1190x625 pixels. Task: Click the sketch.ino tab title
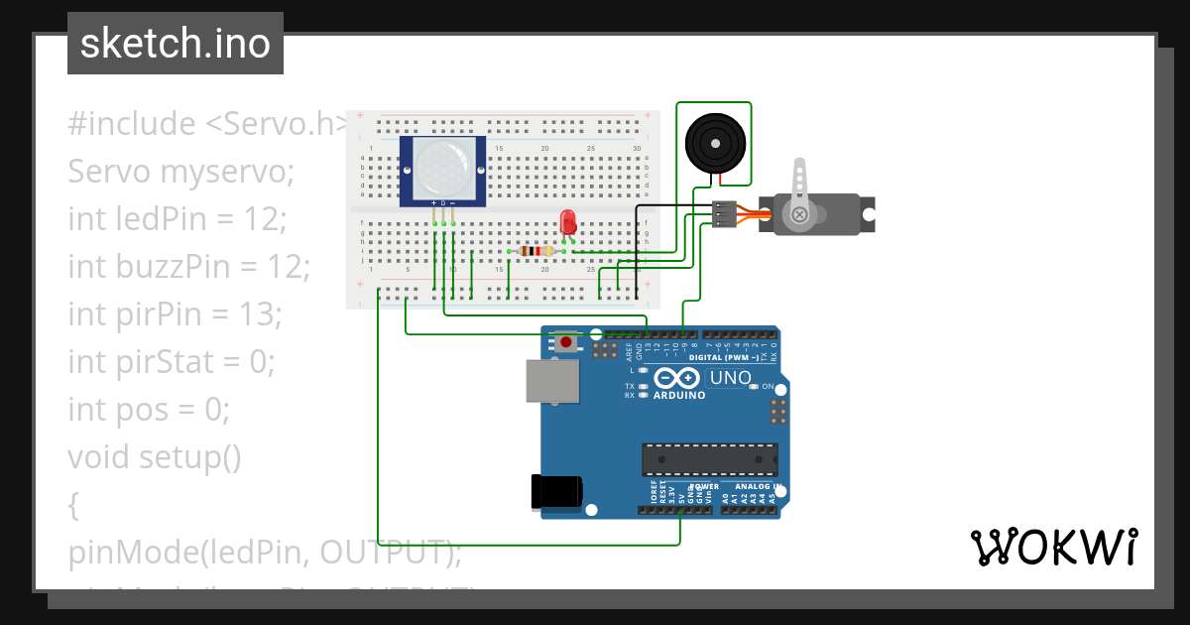175,44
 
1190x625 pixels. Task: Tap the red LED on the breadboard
568,222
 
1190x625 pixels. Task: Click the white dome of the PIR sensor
442,167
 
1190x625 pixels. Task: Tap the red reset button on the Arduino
565,342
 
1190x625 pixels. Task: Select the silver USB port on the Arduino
553,381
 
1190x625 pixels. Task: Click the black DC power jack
556,493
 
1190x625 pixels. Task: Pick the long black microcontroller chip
709,460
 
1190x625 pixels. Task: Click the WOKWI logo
1053,547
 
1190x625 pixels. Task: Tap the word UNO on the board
730,378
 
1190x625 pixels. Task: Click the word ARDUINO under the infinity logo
679,395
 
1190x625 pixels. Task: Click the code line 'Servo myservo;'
181,172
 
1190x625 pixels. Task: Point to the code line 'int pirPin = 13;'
176,314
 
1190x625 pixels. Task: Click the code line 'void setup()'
155,456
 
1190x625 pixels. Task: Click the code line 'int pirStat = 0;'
171,361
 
